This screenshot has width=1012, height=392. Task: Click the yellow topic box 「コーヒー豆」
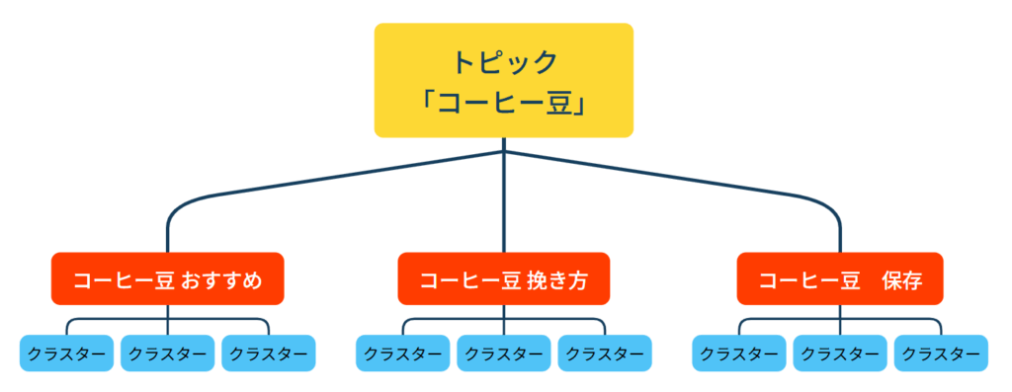pos(503,81)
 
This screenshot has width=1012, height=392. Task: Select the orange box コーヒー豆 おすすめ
pos(167,279)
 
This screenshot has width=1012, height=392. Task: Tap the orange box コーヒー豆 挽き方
pos(503,279)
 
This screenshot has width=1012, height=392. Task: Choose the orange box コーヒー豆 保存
pos(839,279)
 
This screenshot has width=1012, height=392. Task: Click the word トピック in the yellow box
pos(504,61)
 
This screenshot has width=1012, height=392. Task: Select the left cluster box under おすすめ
pos(66,353)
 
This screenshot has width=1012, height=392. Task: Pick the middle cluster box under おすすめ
pos(167,353)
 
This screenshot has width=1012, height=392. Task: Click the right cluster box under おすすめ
pos(268,353)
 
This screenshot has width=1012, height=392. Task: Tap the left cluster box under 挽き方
pos(402,353)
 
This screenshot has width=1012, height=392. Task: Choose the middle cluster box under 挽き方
pos(503,353)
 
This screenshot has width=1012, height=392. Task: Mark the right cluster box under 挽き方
pos(604,353)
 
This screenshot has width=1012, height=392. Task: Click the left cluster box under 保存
pos(738,353)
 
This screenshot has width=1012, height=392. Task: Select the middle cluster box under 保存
pos(839,353)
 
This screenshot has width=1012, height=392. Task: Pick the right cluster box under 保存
pos(940,353)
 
